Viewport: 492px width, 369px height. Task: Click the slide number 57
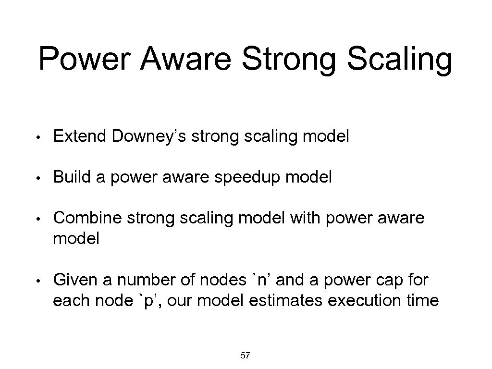(245, 356)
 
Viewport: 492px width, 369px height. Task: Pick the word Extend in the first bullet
(80, 137)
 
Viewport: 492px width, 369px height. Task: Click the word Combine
(87, 219)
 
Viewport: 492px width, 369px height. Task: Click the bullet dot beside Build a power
(43, 178)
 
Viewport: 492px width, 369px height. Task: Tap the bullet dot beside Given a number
(43, 280)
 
